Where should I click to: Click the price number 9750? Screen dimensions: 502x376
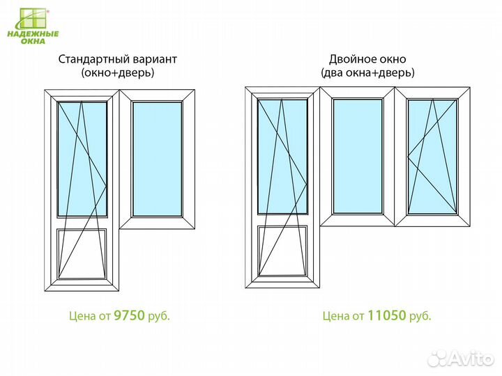(130, 315)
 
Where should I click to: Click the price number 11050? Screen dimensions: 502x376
(387, 315)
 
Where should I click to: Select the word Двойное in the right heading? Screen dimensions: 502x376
(349, 59)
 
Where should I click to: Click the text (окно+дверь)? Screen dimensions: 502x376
(118, 73)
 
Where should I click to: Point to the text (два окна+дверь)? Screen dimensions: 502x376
(367, 73)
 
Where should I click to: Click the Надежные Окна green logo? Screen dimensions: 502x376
(33, 26)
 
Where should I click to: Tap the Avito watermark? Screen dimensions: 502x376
(461, 359)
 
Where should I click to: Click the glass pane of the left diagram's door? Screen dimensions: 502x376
(82, 159)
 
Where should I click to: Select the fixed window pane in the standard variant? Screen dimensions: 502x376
(157, 159)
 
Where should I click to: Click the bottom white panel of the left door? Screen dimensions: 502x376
(82, 253)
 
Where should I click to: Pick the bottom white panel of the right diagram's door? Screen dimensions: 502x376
(282, 251)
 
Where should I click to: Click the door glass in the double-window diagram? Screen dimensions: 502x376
(282, 157)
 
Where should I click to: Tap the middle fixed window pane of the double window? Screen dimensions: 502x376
(358, 157)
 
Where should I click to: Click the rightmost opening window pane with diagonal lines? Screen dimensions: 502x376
(432, 157)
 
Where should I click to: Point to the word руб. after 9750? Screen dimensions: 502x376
(159, 316)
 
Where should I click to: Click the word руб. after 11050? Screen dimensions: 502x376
(420, 316)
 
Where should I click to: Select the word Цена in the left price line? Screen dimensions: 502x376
(82, 316)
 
